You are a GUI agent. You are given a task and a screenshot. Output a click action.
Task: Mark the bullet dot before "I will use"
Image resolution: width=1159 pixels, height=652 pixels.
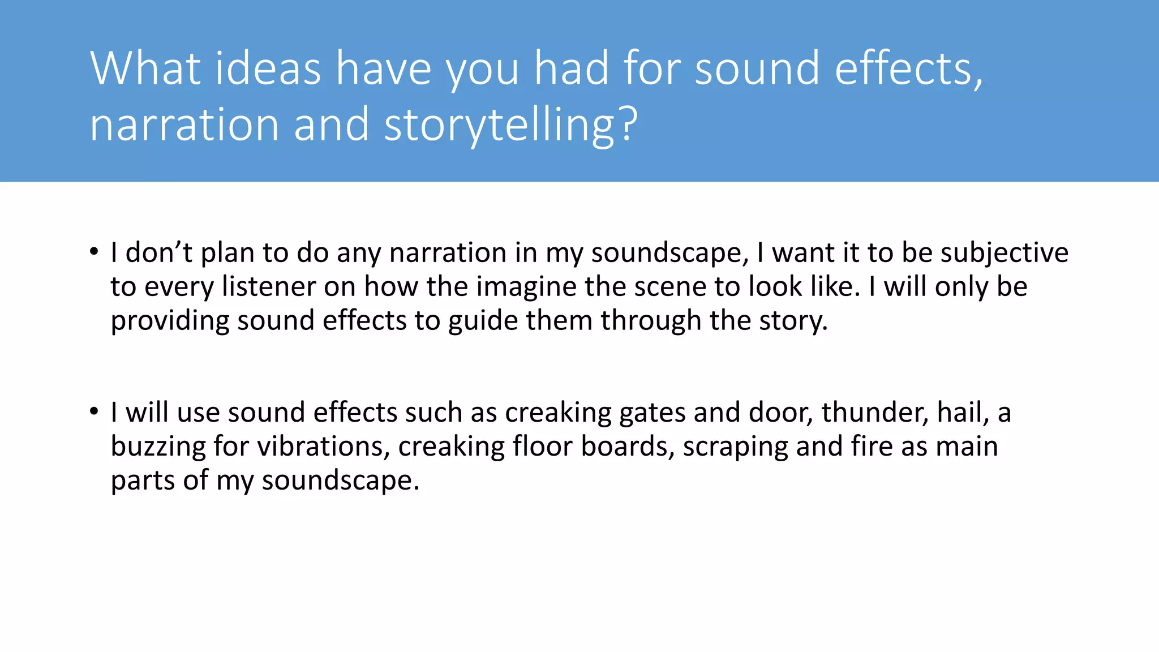point(94,411)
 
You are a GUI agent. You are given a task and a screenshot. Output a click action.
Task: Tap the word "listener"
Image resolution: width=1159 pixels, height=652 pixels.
point(268,286)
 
